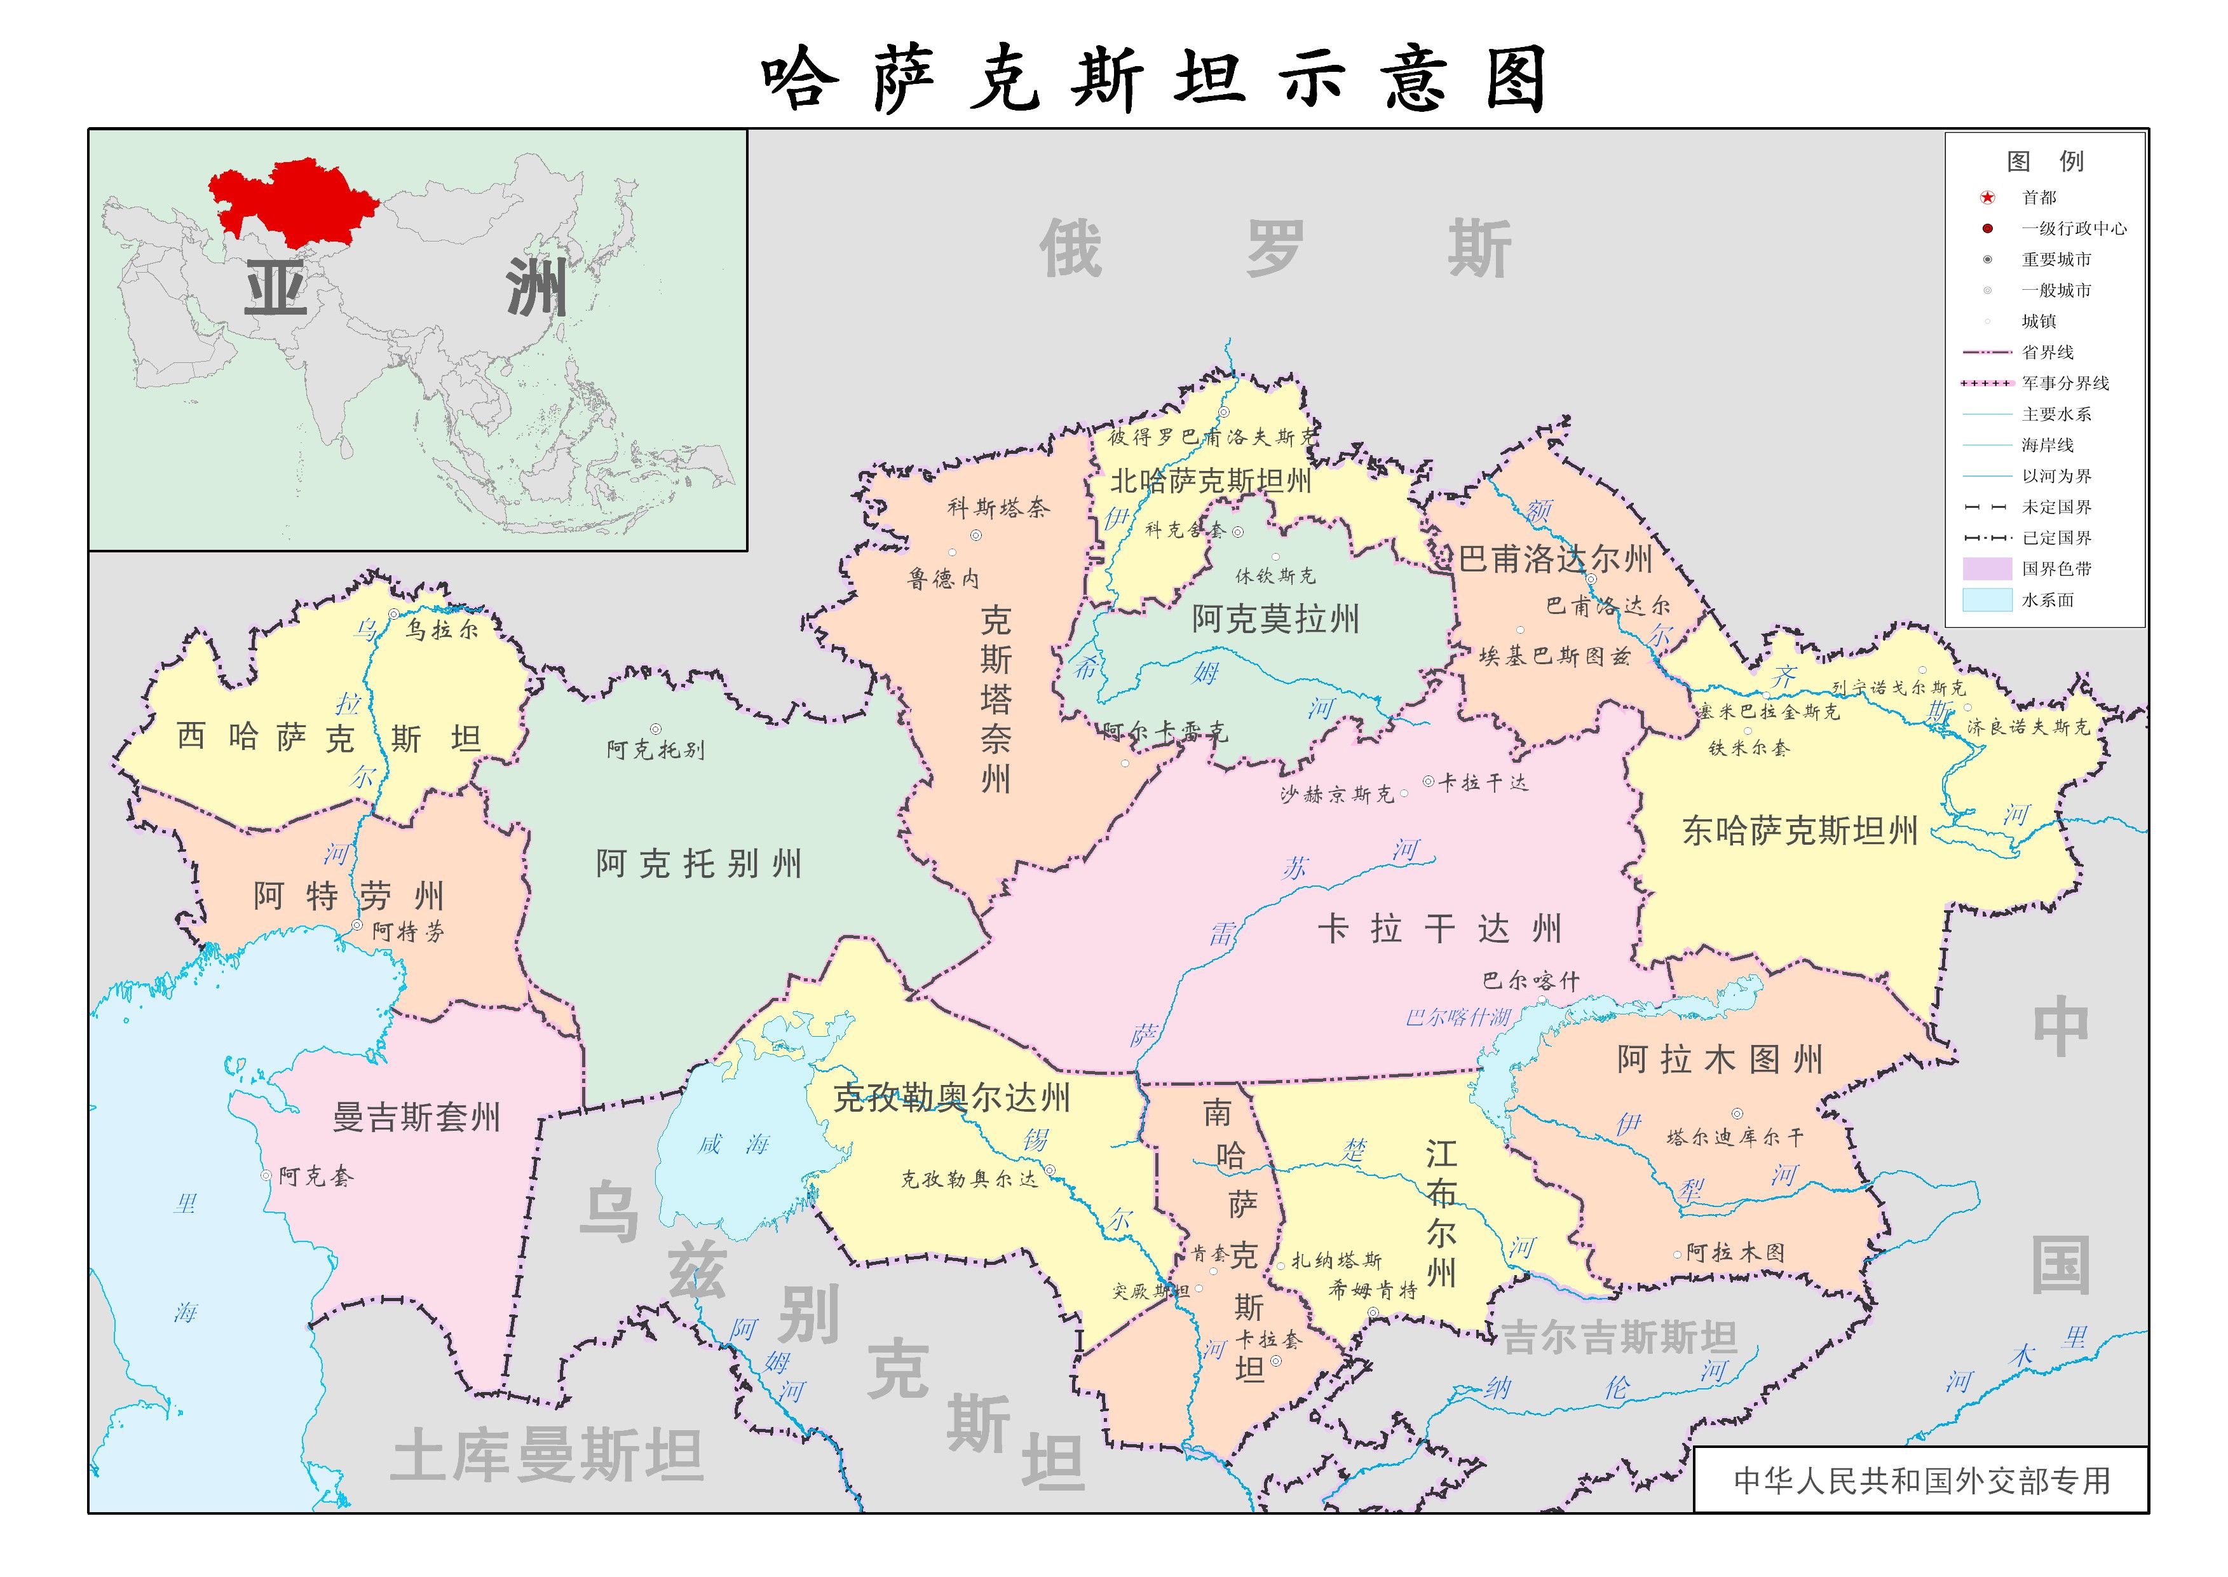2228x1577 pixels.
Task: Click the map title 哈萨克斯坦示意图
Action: [x=1152, y=79]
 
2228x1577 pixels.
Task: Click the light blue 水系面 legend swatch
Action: [x=1987, y=600]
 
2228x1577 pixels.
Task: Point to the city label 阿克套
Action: [x=316, y=1177]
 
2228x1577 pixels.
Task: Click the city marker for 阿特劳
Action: [x=357, y=925]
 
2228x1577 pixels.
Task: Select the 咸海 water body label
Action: [x=733, y=1144]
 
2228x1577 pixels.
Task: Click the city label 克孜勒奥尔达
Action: [x=969, y=1179]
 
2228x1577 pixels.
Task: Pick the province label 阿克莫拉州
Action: [x=1275, y=620]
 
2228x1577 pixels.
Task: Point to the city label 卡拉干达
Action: [x=1483, y=782]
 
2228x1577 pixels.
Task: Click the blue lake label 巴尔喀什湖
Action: [x=1458, y=1018]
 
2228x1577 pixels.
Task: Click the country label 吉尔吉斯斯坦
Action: [x=1619, y=1338]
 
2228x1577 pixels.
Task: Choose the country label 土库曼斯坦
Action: [x=547, y=1455]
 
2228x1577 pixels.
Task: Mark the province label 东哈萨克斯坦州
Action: [x=1800, y=831]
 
